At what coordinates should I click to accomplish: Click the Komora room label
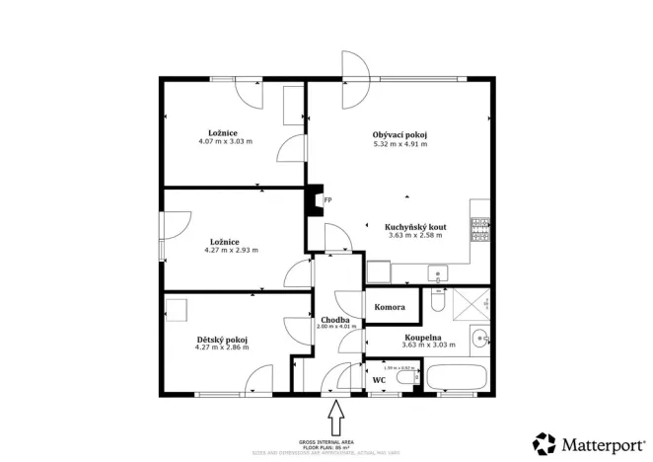click(390, 307)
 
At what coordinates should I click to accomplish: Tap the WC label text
click(379, 379)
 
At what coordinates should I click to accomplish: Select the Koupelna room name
click(421, 338)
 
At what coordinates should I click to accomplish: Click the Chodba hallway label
click(335, 320)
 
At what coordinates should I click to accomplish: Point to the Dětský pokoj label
click(221, 340)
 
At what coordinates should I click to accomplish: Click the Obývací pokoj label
click(399, 135)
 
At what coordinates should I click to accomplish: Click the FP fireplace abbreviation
click(327, 200)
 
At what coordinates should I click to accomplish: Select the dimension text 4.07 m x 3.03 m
click(225, 141)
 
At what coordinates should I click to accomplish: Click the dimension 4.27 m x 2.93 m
click(231, 250)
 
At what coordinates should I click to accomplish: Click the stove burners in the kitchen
click(480, 229)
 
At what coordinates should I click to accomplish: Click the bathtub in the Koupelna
click(456, 377)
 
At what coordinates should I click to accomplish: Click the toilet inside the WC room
click(406, 378)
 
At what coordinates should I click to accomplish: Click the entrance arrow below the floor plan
click(335, 417)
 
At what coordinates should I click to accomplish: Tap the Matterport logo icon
click(543, 442)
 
